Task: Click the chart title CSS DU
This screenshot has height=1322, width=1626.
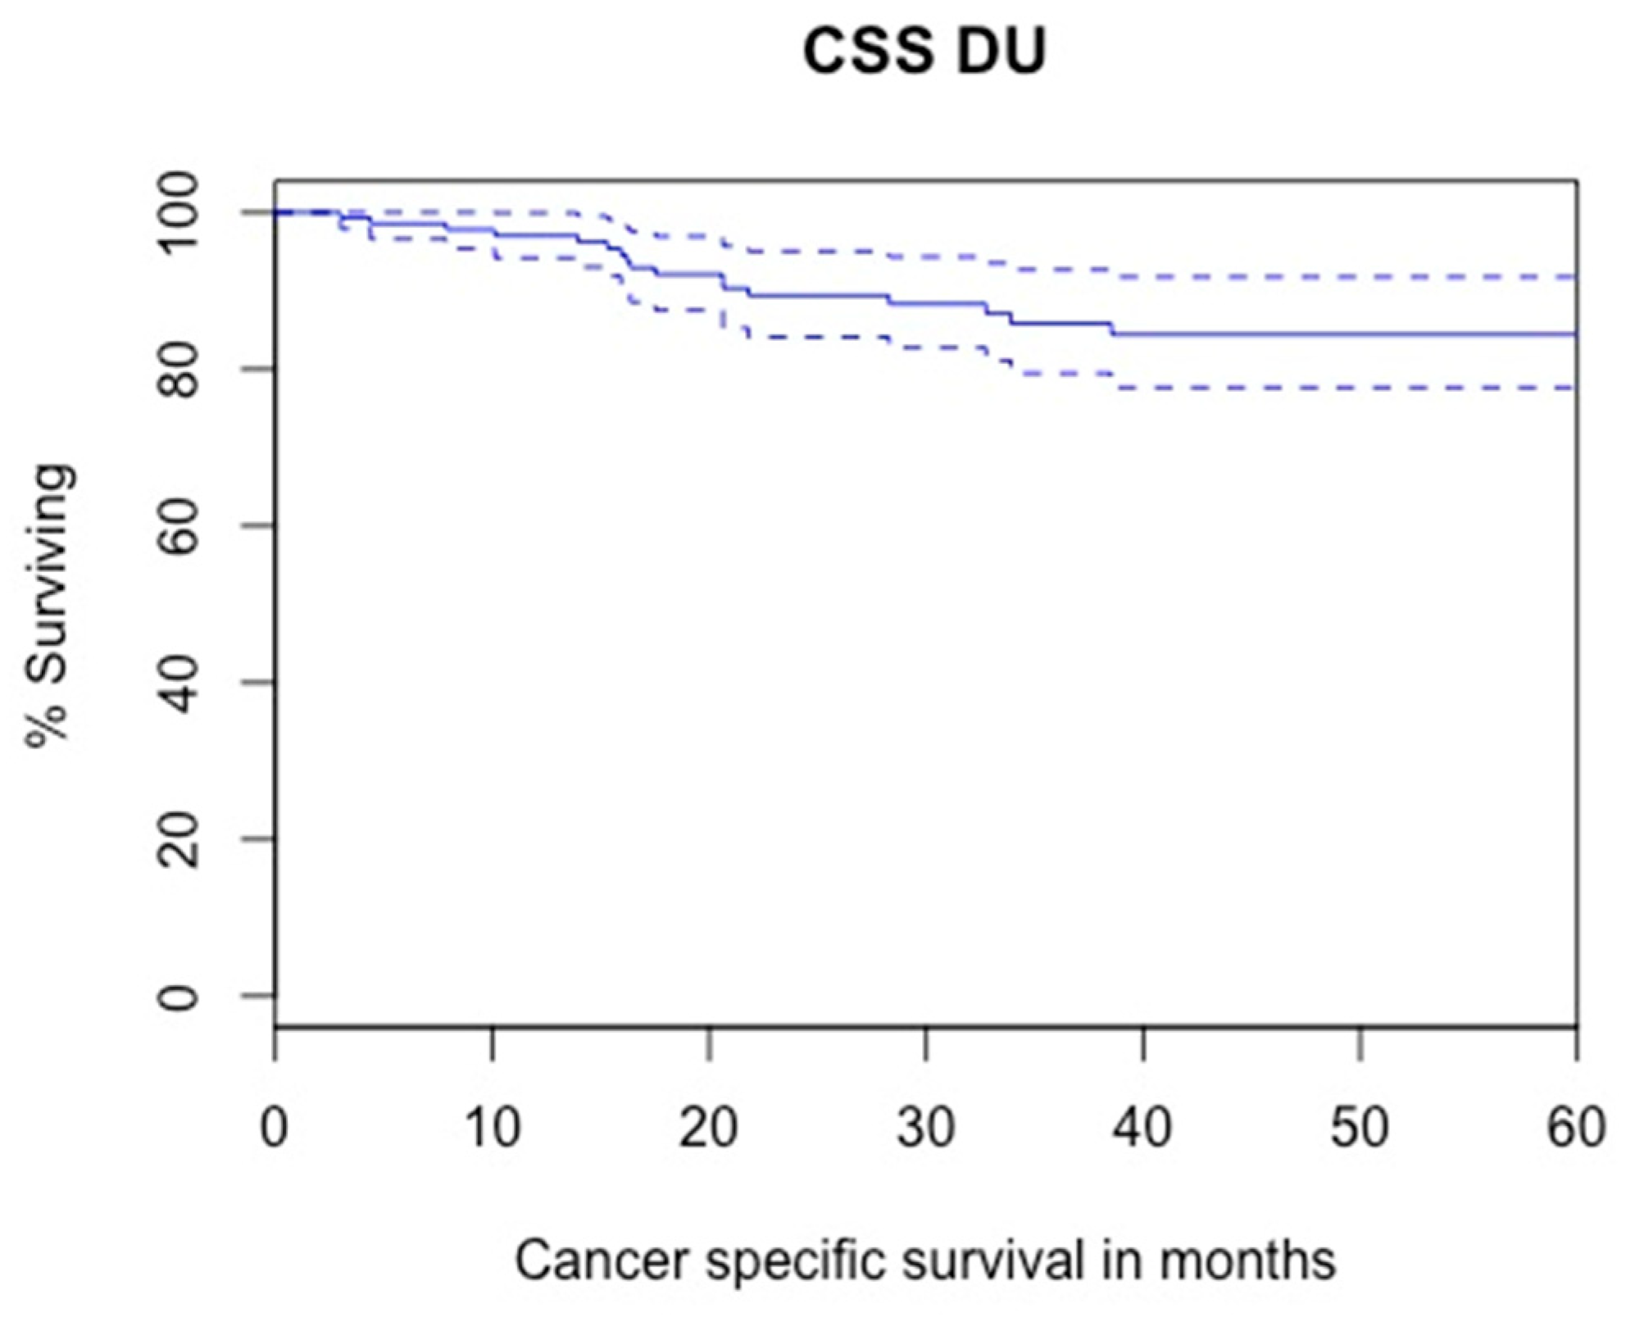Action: tap(924, 51)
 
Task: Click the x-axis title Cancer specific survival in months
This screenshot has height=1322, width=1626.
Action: tap(925, 1260)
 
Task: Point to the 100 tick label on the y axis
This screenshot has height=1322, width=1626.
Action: tap(178, 213)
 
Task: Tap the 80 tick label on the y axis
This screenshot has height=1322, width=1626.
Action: tap(178, 370)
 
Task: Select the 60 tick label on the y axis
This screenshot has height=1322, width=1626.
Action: tap(178, 525)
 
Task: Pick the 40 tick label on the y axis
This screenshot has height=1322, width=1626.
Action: tap(178, 683)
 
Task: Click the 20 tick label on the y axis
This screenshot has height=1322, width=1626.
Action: tap(178, 839)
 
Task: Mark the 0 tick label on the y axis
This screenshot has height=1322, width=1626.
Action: tap(178, 996)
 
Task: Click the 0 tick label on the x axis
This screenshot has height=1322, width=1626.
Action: tap(275, 1127)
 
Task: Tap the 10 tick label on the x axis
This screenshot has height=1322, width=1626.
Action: tap(492, 1127)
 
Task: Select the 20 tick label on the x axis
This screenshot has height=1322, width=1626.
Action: tap(709, 1127)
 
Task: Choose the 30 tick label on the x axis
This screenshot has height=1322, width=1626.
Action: tap(926, 1127)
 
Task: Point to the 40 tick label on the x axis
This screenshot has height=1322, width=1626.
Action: tap(1143, 1127)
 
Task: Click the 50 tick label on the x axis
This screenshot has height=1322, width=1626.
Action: tap(1360, 1127)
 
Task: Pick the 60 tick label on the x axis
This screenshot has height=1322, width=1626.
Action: tap(1575, 1127)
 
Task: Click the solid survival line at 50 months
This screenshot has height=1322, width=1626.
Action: tap(1360, 334)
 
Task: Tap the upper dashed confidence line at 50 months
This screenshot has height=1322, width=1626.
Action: tap(1360, 278)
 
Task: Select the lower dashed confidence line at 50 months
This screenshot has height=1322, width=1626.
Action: tap(1360, 388)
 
